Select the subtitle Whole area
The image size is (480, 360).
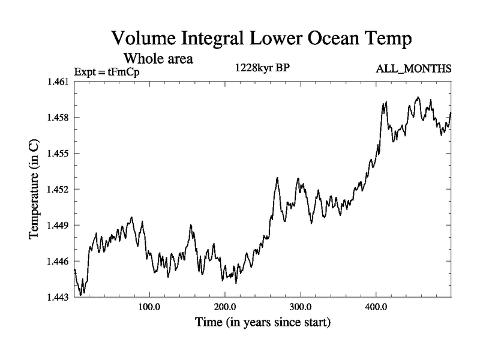(158, 59)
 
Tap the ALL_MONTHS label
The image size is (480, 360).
(413, 70)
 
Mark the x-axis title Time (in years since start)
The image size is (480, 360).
(262, 323)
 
